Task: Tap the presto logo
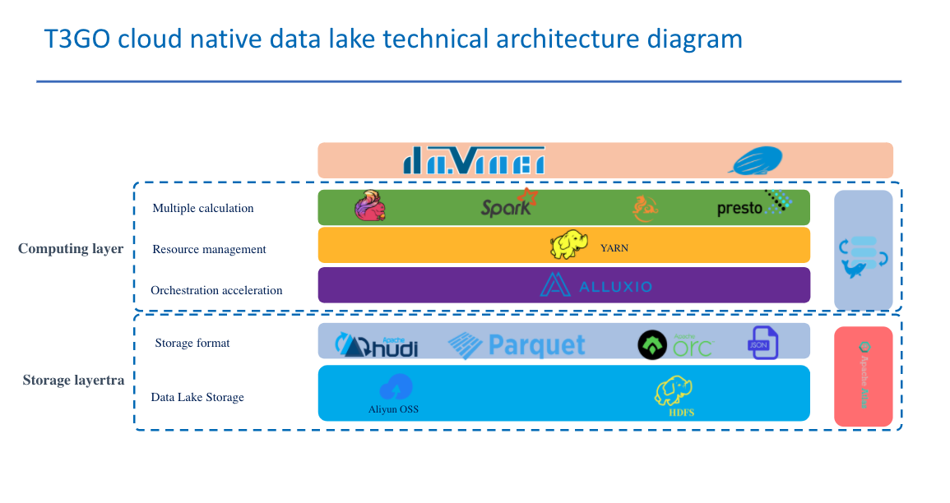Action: click(x=753, y=205)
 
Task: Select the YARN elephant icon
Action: click(x=570, y=245)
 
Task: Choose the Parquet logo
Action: click(x=517, y=344)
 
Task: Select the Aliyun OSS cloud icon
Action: click(x=396, y=387)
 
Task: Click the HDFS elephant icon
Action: click(x=673, y=390)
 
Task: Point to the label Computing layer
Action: click(x=71, y=249)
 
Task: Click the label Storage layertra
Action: click(x=73, y=381)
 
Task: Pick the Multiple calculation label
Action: click(x=203, y=208)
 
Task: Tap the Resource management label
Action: click(x=209, y=249)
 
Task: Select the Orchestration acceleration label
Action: click(x=216, y=290)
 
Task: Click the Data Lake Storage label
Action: click(x=197, y=397)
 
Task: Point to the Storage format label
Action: click(x=192, y=343)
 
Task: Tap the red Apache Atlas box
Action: click(x=863, y=376)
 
